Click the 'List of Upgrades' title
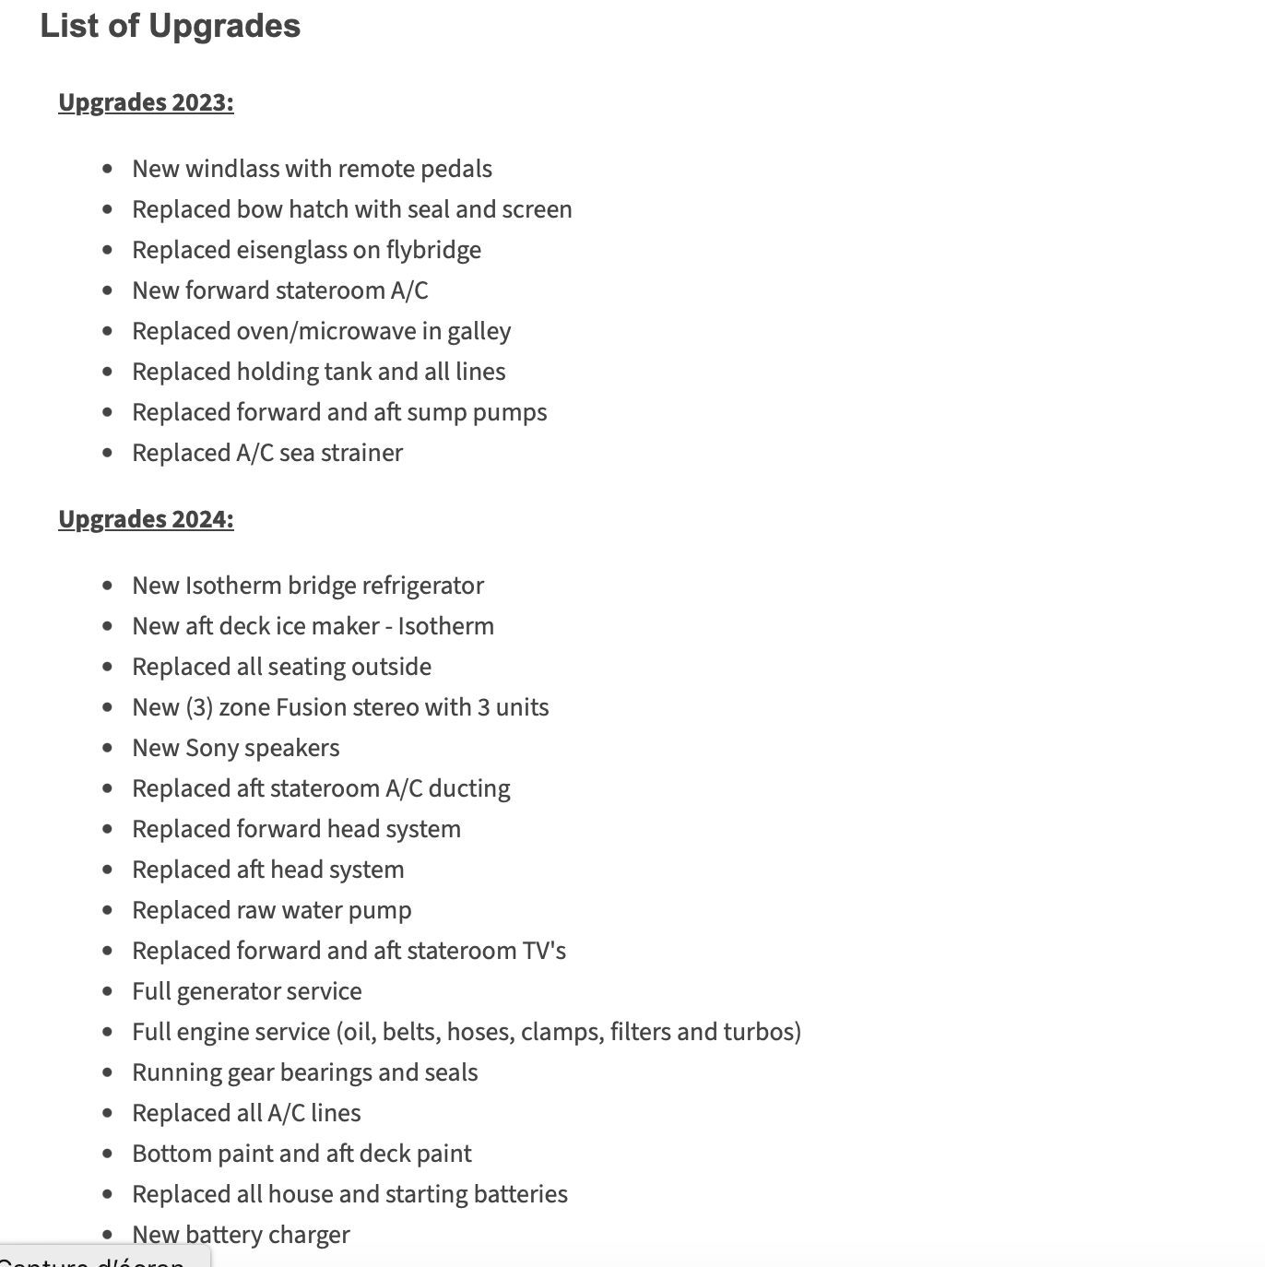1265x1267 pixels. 171,26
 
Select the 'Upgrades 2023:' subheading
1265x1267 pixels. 146,102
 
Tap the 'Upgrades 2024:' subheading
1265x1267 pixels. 146,519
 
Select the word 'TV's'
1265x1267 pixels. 544,951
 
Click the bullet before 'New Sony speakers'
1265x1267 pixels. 108,748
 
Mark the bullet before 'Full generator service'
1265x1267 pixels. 108,991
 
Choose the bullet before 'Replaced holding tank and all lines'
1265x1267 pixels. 108,372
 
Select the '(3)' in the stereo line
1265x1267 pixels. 199,707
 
